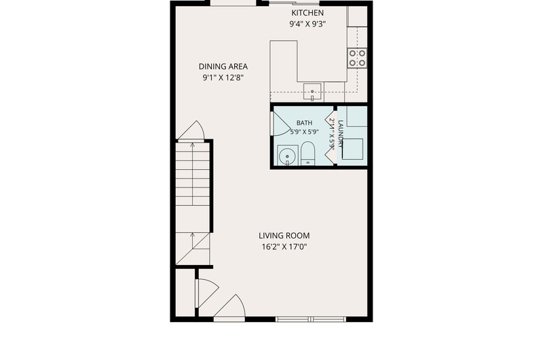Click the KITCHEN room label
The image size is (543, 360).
pyautogui.click(x=307, y=13)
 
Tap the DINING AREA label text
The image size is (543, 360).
pyautogui.click(x=223, y=67)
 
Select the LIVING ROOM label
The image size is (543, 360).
pyautogui.click(x=284, y=236)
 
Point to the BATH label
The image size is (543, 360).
pyautogui.click(x=304, y=123)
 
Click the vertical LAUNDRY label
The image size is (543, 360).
pyautogui.click(x=341, y=134)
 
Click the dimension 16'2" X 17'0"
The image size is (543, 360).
pyautogui.click(x=284, y=247)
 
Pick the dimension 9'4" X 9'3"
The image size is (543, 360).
pyautogui.click(x=307, y=24)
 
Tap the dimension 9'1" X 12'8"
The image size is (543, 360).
pyautogui.click(x=223, y=77)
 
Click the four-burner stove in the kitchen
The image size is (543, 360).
pyautogui.click(x=358, y=58)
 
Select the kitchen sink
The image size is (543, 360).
pyautogui.click(x=312, y=92)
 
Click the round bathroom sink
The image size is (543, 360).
pyautogui.click(x=287, y=156)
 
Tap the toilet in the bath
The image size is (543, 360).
pyautogui.click(x=307, y=153)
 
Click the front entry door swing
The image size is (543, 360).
pyautogui.click(x=229, y=306)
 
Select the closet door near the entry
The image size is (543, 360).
pyautogui.click(x=207, y=293)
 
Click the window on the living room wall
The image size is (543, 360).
pyautogui.click(x=311, y=319)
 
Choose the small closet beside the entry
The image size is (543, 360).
pyautogui.click(x=185, y=293)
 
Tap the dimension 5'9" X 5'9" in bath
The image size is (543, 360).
pyautogui.click(x=304, y=132)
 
